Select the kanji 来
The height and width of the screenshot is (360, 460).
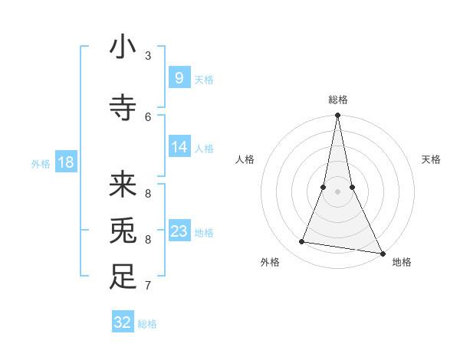point(123,184)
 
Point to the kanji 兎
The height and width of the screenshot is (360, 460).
point(123,231)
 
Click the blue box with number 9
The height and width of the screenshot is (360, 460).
point(179,78)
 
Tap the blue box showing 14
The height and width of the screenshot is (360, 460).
point(179,147)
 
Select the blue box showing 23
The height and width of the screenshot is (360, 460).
point(179,231)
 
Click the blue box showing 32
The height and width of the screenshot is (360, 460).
point(123,322)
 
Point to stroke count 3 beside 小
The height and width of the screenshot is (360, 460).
point(148,56)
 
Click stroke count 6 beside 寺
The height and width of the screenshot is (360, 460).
point(148,116)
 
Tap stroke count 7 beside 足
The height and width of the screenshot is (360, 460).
point(148,286)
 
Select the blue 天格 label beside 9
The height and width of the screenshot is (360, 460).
point(204,79)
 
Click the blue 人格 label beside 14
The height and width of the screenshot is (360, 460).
point(204,148)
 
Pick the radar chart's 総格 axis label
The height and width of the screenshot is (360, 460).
point(337,100)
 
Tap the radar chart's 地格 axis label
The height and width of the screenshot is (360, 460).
point(402,262)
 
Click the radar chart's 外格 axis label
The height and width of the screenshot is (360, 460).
point(270,262)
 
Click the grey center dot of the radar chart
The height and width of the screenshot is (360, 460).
point(337,192)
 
